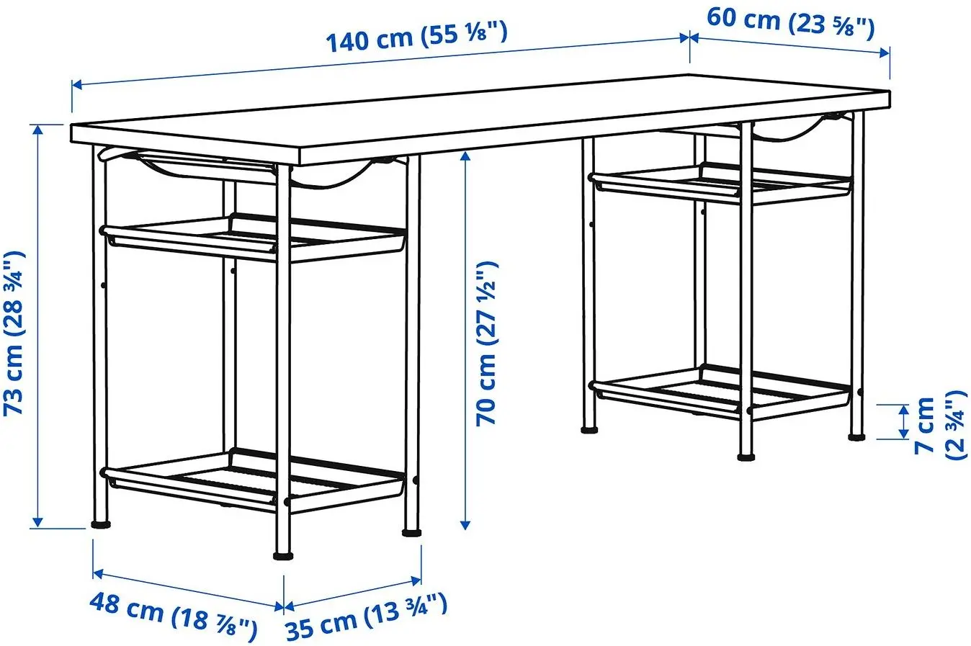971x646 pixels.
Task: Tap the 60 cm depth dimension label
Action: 790,22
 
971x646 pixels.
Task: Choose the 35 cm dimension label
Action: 367,616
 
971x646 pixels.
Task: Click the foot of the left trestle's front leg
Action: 284,555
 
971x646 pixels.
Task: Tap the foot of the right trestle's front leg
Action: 746,455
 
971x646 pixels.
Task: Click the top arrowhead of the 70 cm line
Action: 466,155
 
